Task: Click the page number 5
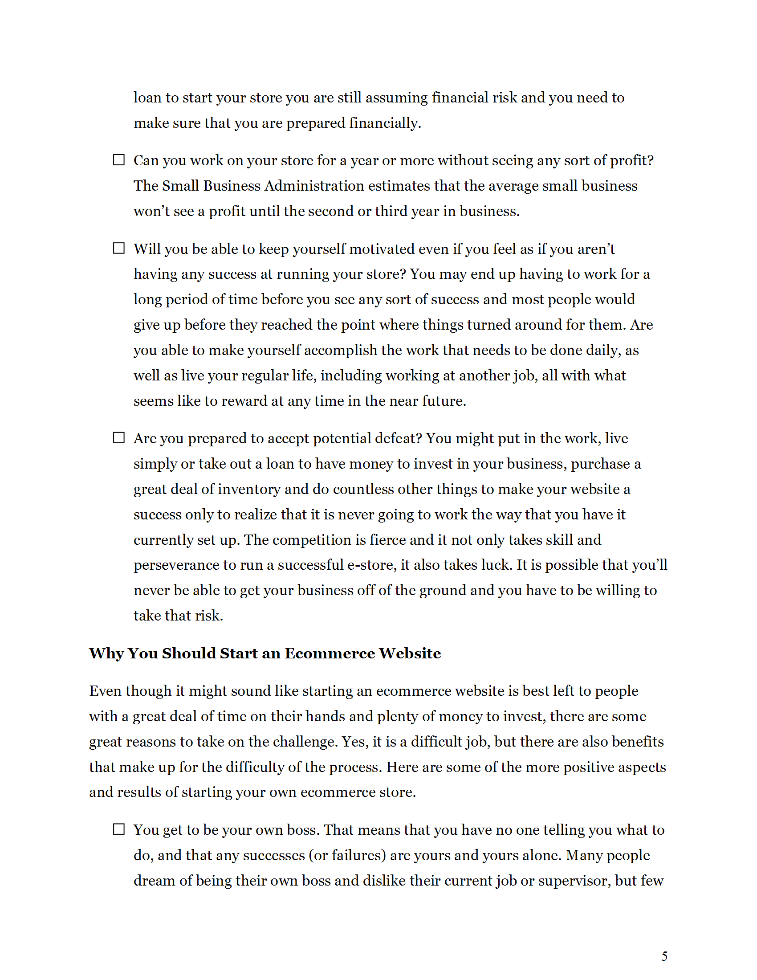[x=664, y=956]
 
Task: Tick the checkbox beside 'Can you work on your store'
[x=118, y=160]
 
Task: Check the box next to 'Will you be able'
[x=118, y=248]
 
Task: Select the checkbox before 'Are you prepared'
[x=118, y=437]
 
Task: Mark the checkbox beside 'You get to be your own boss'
[x=118, y=829]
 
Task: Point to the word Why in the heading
[x=106, y=653]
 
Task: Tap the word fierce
[x=387, y=540]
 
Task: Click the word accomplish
[x=340, y=351]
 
